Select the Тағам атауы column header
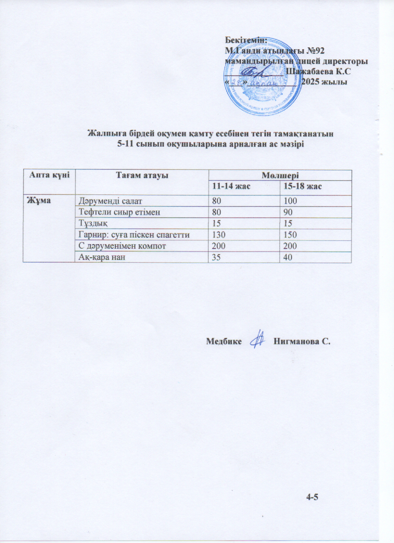tap(142, 175)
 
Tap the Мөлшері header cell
tap(280, 175)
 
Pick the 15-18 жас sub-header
tap(301, 186)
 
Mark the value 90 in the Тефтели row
tap(288, 212)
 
